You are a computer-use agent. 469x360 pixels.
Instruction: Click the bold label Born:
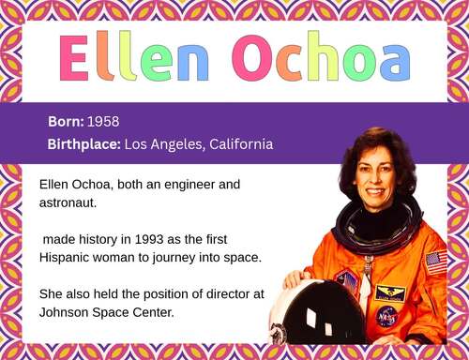point(66,123)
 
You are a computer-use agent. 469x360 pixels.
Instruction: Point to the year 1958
point(103,123)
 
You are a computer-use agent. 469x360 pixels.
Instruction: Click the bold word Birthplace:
point(83,144)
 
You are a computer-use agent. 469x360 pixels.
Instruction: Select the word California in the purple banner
point(239,144)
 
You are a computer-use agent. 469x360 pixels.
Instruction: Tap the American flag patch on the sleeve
point(435,262)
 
